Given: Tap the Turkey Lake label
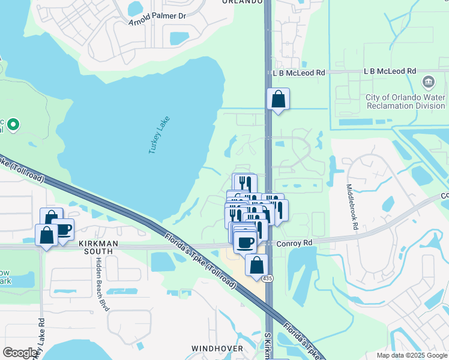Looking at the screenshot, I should [160, 135].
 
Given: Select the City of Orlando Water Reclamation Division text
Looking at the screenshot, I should [406, 101].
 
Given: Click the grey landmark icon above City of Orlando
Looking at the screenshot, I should [429, 82].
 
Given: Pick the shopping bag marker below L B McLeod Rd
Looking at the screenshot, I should [278, 100].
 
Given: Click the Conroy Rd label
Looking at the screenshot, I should [295, 243].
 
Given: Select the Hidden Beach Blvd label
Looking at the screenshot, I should [102, 284].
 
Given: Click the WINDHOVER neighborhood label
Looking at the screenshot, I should [217, 348].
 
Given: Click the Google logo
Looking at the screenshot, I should [20, 353].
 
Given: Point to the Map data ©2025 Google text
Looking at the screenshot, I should [412, 355].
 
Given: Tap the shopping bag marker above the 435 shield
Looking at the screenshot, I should [256, 265].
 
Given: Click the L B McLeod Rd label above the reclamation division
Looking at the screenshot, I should [390, 71].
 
